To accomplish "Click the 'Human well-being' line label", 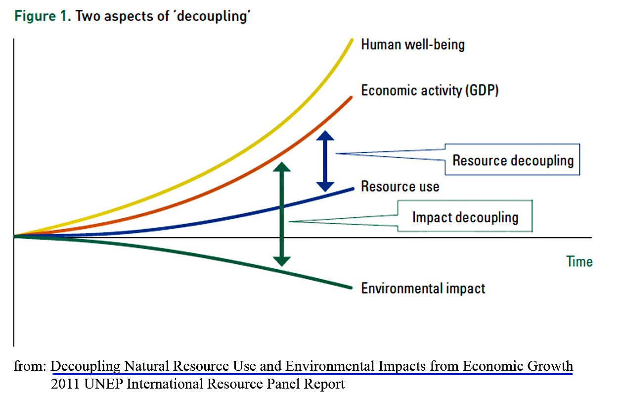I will pos(413,45).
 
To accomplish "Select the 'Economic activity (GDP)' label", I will pos(429,91).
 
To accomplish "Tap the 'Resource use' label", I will pos(400,187).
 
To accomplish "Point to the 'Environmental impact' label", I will pos(423,288).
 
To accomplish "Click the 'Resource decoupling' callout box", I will pos(513,160).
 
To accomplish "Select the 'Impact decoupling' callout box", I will pos(465,217).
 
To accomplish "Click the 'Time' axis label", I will pos(579,261).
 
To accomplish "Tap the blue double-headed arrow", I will pos(325,161).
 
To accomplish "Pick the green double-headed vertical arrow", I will pos(282,214).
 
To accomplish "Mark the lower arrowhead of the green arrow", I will pos(282,261).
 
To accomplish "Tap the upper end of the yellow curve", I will pos(352,40).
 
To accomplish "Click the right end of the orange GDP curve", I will pos(351,97).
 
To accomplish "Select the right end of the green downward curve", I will pos(351,288).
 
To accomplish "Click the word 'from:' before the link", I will pos(30,367).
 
